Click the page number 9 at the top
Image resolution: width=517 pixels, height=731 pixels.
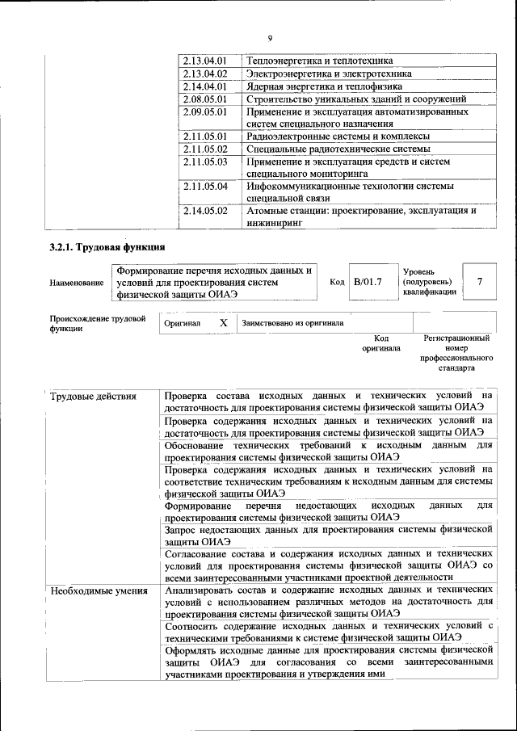coord(270,37)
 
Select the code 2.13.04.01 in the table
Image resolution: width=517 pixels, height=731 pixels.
coord(205,61)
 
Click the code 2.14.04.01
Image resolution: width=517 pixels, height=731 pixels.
coord(205,86)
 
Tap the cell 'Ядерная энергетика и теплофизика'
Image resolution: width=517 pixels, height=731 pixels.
coord(325,86)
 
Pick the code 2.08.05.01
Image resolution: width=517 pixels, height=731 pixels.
coord(205,99)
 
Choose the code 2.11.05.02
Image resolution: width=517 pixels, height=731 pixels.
coord(205,149)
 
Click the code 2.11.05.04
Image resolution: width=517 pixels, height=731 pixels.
coord(205,187)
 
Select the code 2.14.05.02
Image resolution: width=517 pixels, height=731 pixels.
coord(205,212)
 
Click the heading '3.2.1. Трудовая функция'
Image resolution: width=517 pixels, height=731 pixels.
coord(107,247)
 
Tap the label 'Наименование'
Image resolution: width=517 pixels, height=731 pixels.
coord(77,283)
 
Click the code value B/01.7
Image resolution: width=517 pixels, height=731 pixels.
coord(367,282)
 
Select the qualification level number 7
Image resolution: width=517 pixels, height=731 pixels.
coord(480,282)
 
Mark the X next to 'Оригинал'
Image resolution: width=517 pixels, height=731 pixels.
coord(223,322)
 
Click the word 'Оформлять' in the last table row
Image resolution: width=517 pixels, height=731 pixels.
coord(193,649)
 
